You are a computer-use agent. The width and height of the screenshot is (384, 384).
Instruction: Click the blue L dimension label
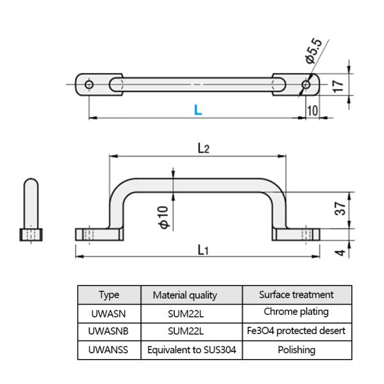click(x=198, y=110)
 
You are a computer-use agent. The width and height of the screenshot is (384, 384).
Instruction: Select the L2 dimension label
click(x=203, y=148)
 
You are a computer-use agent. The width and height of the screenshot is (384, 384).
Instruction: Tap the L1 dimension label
click(x=202, y=250)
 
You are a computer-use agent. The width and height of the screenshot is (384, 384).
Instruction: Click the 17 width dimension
click(x=340, y=84)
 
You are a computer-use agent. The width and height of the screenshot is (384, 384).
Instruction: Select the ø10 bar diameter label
click(x=163, y=218)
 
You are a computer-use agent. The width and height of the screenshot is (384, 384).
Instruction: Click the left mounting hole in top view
click(x=89, y=84)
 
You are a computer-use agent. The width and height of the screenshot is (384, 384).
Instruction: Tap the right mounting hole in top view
click(x=307, y=84)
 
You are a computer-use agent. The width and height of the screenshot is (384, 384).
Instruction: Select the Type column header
click(x=109, y=295)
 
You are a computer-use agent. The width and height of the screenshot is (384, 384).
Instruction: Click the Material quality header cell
click(x=185, y=295)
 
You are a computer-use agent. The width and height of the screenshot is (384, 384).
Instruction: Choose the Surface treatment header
click(x=296, y=294)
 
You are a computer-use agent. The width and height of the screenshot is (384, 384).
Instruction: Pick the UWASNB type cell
click(x=109, y=331)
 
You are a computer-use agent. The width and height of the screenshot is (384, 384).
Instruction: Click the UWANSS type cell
click(x=109, y=350)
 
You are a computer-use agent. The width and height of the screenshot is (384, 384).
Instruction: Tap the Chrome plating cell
click(x=296, y=312)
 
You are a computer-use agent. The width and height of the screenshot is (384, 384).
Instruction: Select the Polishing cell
click(x=296, y=350)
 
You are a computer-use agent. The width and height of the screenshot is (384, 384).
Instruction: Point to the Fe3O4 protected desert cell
click(x=296, y=331)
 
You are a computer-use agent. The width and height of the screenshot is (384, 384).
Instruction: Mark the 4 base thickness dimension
click(x=340, y=252)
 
